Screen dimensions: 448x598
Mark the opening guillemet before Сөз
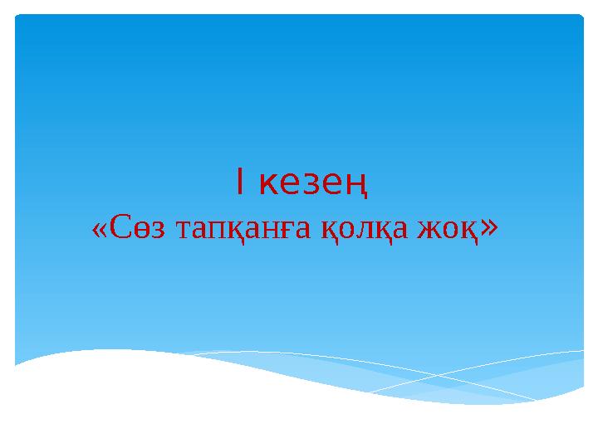(99, 229)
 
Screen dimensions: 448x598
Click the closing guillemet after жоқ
(489, 226)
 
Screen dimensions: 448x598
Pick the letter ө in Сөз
(133, 229)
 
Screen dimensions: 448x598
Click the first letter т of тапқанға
(177, 229)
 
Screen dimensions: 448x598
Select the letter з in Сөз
(147, 229)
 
